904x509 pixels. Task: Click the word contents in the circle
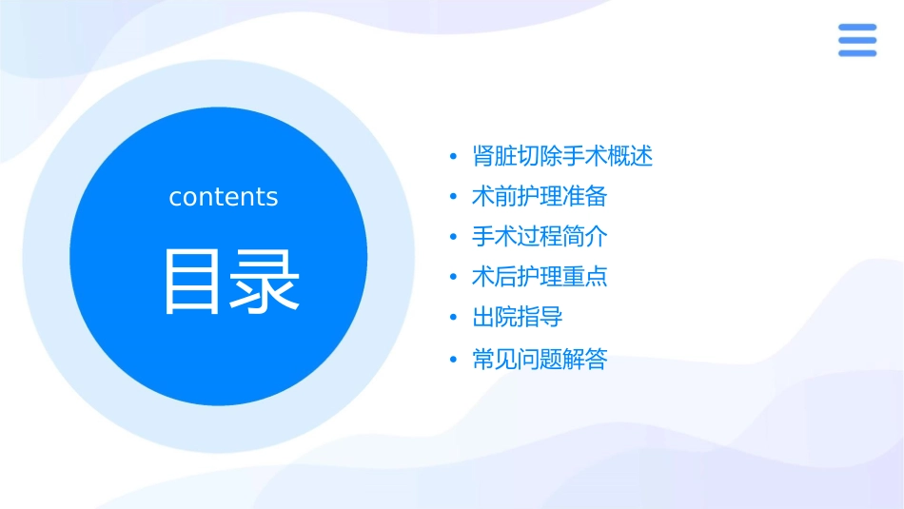[224, 197]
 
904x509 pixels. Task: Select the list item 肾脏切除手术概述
[562, 157]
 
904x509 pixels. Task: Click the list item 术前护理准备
[540, 197]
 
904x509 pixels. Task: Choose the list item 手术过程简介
[540, 237]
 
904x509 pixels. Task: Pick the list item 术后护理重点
[540, 277]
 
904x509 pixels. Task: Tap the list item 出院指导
[518, 317]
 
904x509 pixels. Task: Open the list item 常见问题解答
[540, 360]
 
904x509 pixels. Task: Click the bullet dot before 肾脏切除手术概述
[453, 157]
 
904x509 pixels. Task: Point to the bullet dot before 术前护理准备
[453, 198]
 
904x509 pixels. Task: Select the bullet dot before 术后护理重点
[453, 278]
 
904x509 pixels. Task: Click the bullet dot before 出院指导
[453, 318]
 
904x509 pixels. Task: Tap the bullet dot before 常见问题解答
[453, 361]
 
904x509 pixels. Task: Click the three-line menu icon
[857, 40]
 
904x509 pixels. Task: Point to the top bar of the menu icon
[857, 28]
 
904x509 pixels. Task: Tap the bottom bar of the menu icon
[857, 53]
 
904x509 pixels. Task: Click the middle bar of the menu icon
[857, 40]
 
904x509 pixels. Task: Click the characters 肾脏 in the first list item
[495, 157]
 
